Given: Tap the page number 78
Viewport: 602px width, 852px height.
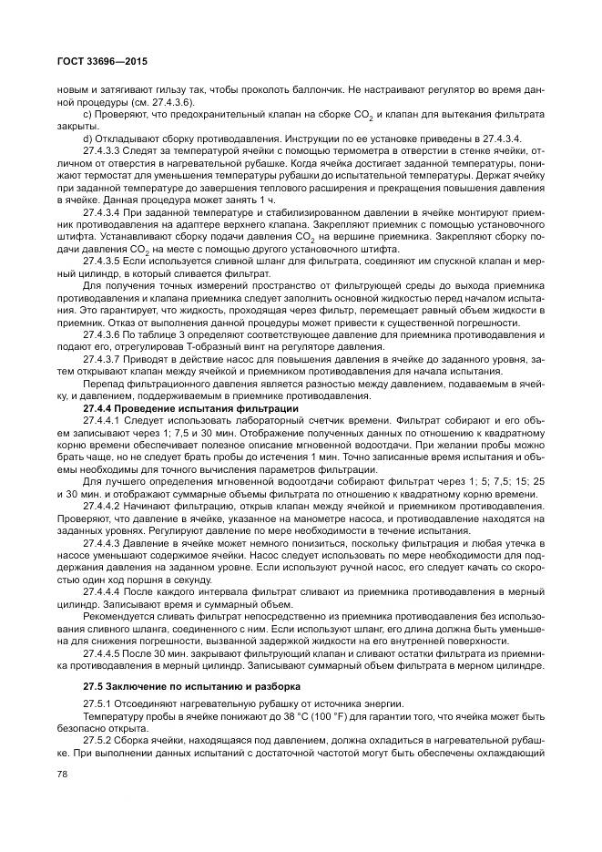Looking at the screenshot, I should click(x=62, y=775).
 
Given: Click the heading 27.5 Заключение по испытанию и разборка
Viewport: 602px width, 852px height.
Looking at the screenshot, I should click(x=189, y=685).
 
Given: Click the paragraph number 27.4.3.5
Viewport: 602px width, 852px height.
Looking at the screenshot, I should click(x=106, y=260).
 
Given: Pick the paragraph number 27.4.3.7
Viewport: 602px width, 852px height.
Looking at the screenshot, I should click(x=106, y=358).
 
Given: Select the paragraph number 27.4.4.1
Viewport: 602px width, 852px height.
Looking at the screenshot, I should click(x=106, y=420).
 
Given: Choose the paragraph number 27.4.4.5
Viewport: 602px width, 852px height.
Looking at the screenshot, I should click(x=106, y=653).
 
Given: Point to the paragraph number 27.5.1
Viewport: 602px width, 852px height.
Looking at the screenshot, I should click(x=99, y=703).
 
